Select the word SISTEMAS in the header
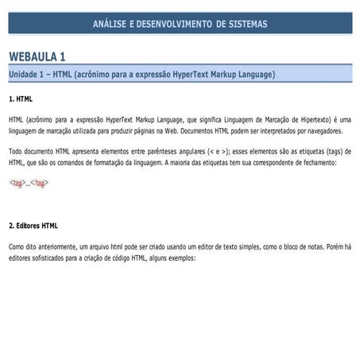point(246,24)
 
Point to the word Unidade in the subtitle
point(26,74)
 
